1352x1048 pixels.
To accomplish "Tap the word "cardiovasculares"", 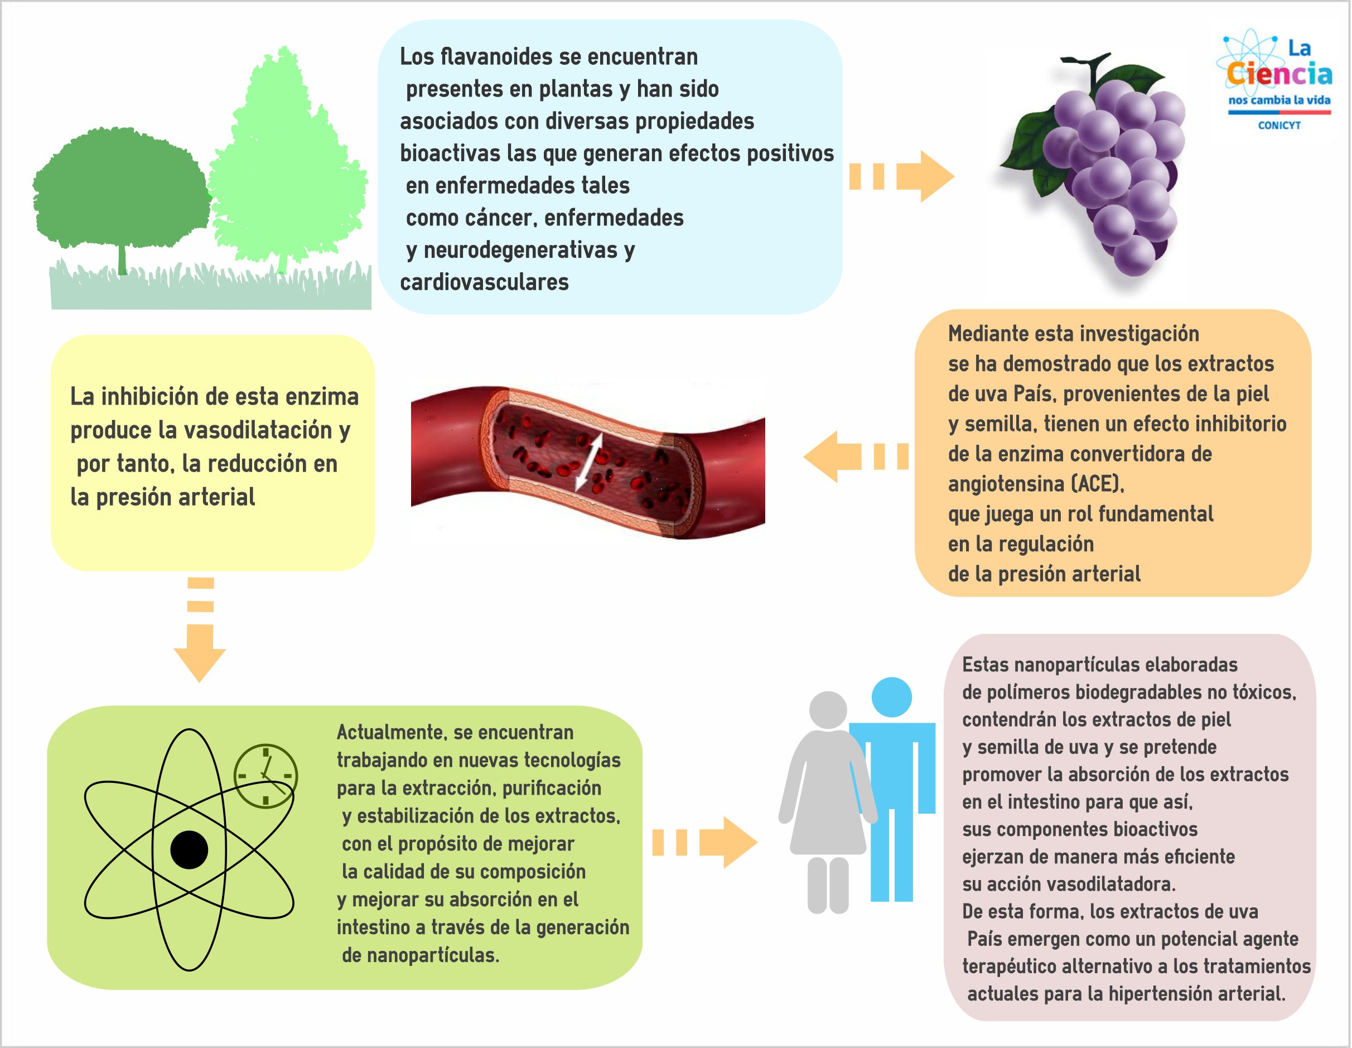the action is pos(484,282).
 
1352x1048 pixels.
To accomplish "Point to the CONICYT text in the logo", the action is pos(1279,125).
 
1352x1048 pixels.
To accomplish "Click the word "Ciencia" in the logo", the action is pos(1279,74).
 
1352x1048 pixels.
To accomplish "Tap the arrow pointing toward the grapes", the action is pos(901,176).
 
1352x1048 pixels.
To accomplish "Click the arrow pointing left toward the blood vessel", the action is pos(856,456).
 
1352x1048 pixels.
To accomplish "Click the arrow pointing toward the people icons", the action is pos(705,843).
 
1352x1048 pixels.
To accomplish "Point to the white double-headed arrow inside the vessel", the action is pos(589,461).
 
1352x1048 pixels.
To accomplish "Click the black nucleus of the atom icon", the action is pos(189,850).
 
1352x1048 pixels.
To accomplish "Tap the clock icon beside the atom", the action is pos(265,776).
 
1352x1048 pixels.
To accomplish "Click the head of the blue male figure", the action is pos(891,698).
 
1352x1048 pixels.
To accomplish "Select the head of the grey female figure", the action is pos(828,710).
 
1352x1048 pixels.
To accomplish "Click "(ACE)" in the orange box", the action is pos(1097,484).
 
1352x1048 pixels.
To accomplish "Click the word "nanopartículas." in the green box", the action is pos(433,955).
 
